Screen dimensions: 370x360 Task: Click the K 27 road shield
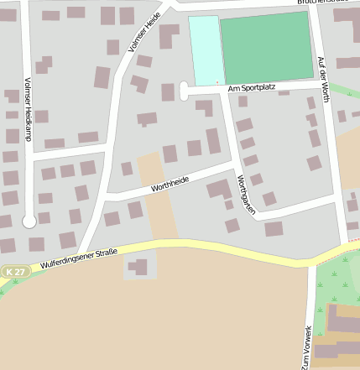coord(15,272)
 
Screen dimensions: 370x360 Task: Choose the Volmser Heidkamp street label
coord(28,109)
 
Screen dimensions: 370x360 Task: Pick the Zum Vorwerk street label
coord(308,346)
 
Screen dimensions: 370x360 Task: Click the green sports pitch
coord(266,47)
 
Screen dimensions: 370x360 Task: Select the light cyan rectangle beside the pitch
coord(204,50)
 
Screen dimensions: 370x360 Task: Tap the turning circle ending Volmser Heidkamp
coord(29,221)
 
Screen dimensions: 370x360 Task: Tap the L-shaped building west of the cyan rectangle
coord(168,34)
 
